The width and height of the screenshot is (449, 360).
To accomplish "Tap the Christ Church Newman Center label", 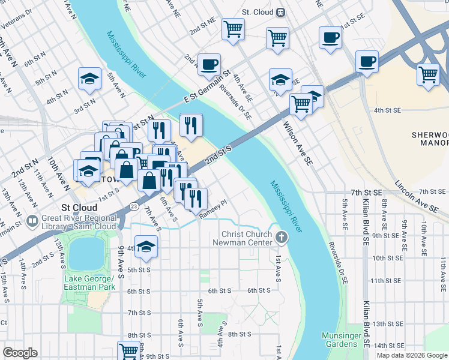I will [x=247, y=238].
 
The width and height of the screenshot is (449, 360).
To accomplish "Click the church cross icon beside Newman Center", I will [x=281, y=238].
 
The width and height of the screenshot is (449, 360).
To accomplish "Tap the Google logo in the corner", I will [x=20, y=353].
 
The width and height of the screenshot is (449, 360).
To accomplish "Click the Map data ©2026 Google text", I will [x=412, y=355].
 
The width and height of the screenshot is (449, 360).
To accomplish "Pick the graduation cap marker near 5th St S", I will [x=146, y=247].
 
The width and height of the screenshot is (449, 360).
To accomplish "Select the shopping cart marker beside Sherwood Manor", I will [x=428, y=75].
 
